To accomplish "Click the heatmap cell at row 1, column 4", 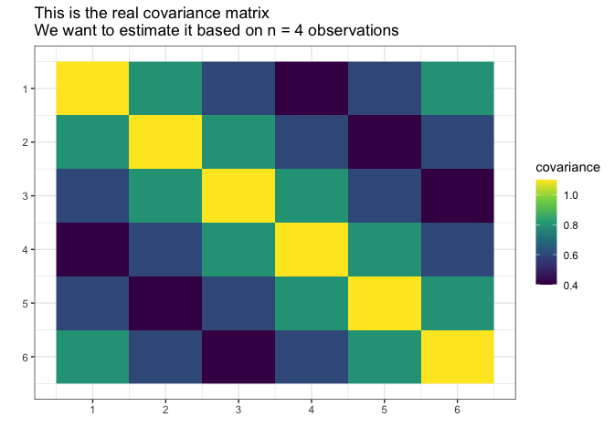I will [x=312, y=89].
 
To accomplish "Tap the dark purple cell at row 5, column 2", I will [x=165, y=303].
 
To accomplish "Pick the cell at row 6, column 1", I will [x=92, y=357].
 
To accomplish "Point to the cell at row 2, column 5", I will [x=385, y=142].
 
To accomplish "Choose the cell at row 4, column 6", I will [x=458, y=249].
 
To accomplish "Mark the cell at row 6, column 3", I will [x=238, y=357].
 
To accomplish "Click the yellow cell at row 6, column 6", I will [x=458, y=357].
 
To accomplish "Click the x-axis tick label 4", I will [x=312, y=411].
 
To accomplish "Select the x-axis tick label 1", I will [x=92, y=411].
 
